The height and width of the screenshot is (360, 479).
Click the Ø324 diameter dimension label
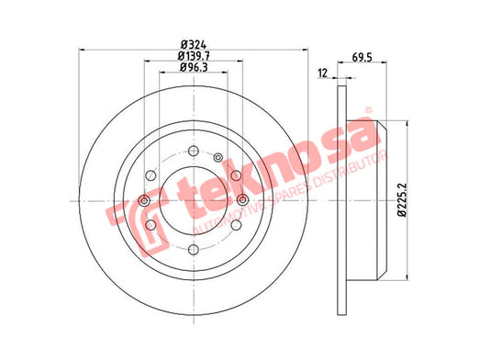194,45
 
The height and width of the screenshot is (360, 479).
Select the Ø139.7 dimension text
194,56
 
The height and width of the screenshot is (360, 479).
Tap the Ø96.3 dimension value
194,67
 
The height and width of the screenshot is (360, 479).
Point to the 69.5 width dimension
362,58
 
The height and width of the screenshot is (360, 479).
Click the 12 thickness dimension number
323,73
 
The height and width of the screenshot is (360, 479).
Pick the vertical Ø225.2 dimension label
402,200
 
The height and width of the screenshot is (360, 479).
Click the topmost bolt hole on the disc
194,151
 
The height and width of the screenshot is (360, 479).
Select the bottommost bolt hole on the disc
194,250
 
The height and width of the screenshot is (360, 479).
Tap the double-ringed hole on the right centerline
242,200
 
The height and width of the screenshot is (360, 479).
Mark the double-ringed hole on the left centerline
144,201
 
